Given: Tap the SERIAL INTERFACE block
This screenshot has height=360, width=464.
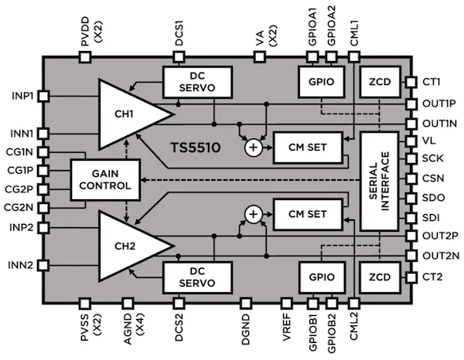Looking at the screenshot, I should tap(382, 179).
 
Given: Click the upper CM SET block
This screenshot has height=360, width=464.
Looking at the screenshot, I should tap(305, 148).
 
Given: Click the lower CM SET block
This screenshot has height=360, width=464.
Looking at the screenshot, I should tap(305, 214).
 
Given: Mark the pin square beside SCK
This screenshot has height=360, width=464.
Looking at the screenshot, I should tap(410, 160).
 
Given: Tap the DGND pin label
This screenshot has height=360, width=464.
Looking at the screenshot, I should tap(247, 331).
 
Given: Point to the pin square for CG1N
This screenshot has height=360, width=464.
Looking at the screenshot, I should tap(43, 152).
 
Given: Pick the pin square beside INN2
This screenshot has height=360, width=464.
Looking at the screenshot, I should tap(43, 265).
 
